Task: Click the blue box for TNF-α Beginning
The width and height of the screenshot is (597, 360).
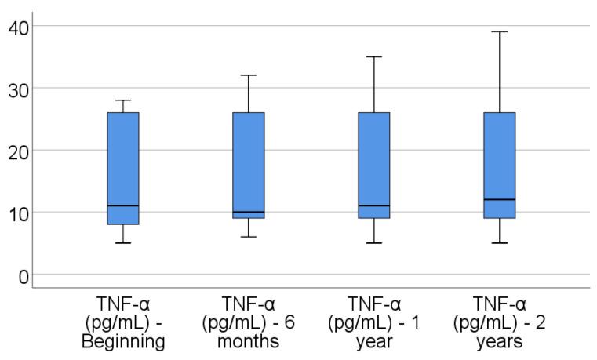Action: pyautogui.click(x=123, y=157)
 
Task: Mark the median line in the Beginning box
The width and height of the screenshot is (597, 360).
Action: pyautogui.click(x=123, y=205)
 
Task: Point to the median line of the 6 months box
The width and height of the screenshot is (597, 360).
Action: pyautogui.click(x=249, y=212)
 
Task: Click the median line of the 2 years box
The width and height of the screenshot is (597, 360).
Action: pyautogui.click(x=500, y=199)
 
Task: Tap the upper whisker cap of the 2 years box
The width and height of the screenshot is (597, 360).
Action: pyautogui.click(x=500, y=32)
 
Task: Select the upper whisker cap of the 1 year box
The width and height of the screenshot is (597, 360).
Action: pyautogui.click(x=374, y=56)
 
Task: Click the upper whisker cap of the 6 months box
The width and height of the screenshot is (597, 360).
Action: pyautogui.click(x=249, y=75)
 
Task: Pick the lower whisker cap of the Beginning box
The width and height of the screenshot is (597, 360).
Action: pyautogui.click(x=123, y=243)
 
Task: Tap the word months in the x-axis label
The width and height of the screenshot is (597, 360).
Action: pyautogui.click(x=249, y=342)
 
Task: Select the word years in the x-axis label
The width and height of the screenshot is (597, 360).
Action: pyautogui.click(x=500, y=342)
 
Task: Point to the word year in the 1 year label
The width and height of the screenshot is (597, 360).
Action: pyautogui.click(x=374, y=342)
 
